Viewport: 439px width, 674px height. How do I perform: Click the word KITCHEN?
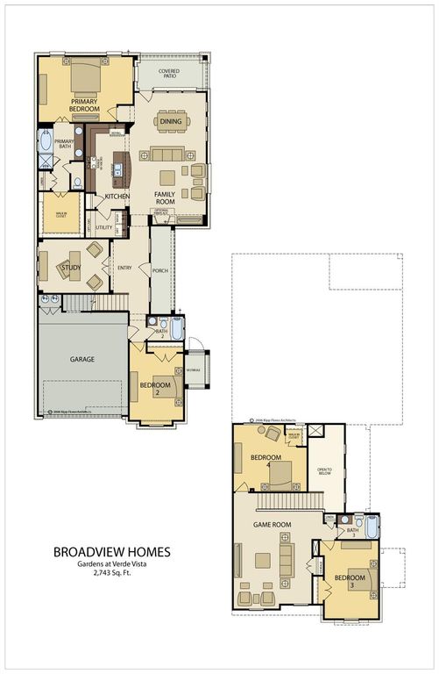118,196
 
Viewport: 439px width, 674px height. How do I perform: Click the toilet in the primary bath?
78,183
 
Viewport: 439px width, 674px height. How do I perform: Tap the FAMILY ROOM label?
166,197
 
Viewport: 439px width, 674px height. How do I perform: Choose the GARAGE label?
82,359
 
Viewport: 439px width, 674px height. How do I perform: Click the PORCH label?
159,270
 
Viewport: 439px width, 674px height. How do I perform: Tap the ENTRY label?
123,268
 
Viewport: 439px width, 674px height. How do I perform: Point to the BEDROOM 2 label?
155,388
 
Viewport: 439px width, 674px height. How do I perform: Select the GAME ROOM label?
272,525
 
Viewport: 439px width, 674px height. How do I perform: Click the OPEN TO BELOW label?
324,474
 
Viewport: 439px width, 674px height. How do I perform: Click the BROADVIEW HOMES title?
112,552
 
